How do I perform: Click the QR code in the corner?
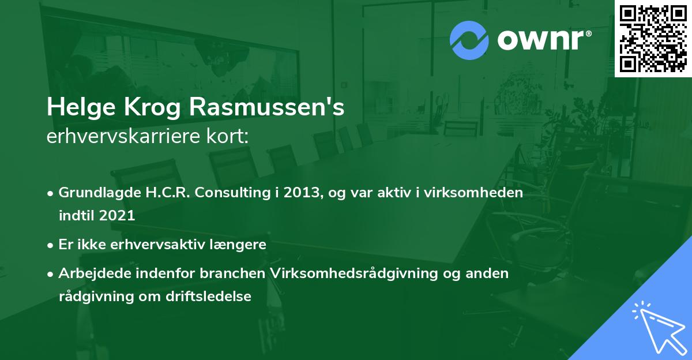(653, 38)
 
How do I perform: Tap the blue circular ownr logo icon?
(469, 40)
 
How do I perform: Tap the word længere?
(240, 245)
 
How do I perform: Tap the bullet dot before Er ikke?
(51, 245)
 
